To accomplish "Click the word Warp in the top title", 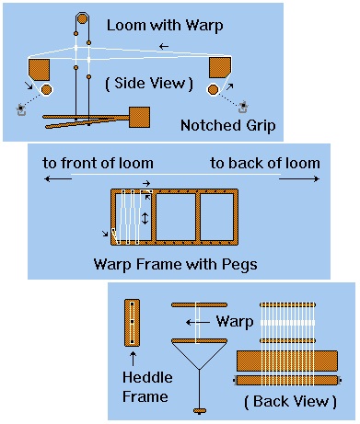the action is click(204, 26).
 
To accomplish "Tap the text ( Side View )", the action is click(149, 84).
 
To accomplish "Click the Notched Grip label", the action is click(227, 126).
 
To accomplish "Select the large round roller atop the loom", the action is click(82, 19).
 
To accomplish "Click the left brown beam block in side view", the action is click(39, 70).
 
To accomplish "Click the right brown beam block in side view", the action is click(220, 67).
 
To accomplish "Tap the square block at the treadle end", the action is click(139, 117).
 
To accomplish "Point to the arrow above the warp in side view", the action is click(164, 47).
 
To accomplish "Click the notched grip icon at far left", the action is click(21, 109).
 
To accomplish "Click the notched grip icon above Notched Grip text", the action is click(243, 107).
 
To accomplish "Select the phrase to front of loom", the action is click(98, 163).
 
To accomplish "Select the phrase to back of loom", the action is click(265, 163).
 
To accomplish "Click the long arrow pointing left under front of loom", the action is click(58, 178).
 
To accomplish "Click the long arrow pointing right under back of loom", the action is click(299, 178).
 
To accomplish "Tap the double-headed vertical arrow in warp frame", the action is click(145, 218).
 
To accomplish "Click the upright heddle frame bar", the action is click(133, 323).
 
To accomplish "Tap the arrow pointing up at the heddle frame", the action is click(133, 359).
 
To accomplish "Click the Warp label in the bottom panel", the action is click(235, 322).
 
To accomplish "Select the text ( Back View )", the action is click(290, 402).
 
